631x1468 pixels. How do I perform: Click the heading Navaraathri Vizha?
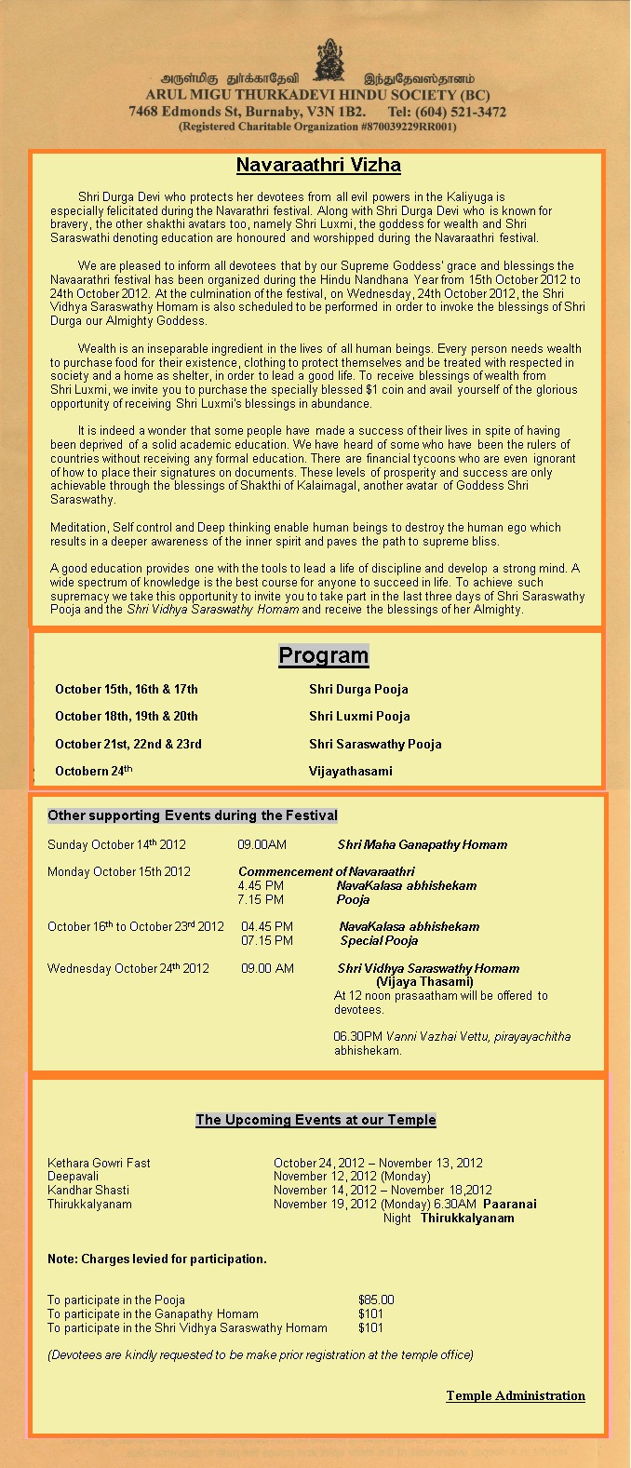[x=318, y=166]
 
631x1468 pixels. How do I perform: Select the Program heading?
[x=324, y=655]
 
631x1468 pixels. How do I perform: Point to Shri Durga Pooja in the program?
[x=358, y=690]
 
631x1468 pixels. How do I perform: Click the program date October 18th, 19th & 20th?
[x=127, y=717]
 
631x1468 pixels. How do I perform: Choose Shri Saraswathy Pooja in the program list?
[x=375, y=745]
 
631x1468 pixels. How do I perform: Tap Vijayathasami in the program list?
[x=351, y=772]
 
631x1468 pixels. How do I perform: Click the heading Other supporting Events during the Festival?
[x=193, y=815]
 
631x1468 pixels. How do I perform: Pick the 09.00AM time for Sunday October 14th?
[x=262, y=845]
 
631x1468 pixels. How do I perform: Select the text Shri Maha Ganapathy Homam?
[x=423, y=845]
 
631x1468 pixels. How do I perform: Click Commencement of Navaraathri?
[x=327, y=872]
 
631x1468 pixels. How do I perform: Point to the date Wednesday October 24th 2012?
[x=128, y=969]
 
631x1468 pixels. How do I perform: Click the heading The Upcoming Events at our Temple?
[x=315, y=1120]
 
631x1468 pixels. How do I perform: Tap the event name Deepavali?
[x=74, y=1177]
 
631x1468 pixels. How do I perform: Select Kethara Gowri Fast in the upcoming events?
[x=99, y=1164]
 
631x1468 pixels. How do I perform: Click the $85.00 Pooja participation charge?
[x=376, y=1300]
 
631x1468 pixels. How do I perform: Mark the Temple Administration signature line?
[x=516, y=1395]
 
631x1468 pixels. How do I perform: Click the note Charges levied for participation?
[x=157, y=1259]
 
